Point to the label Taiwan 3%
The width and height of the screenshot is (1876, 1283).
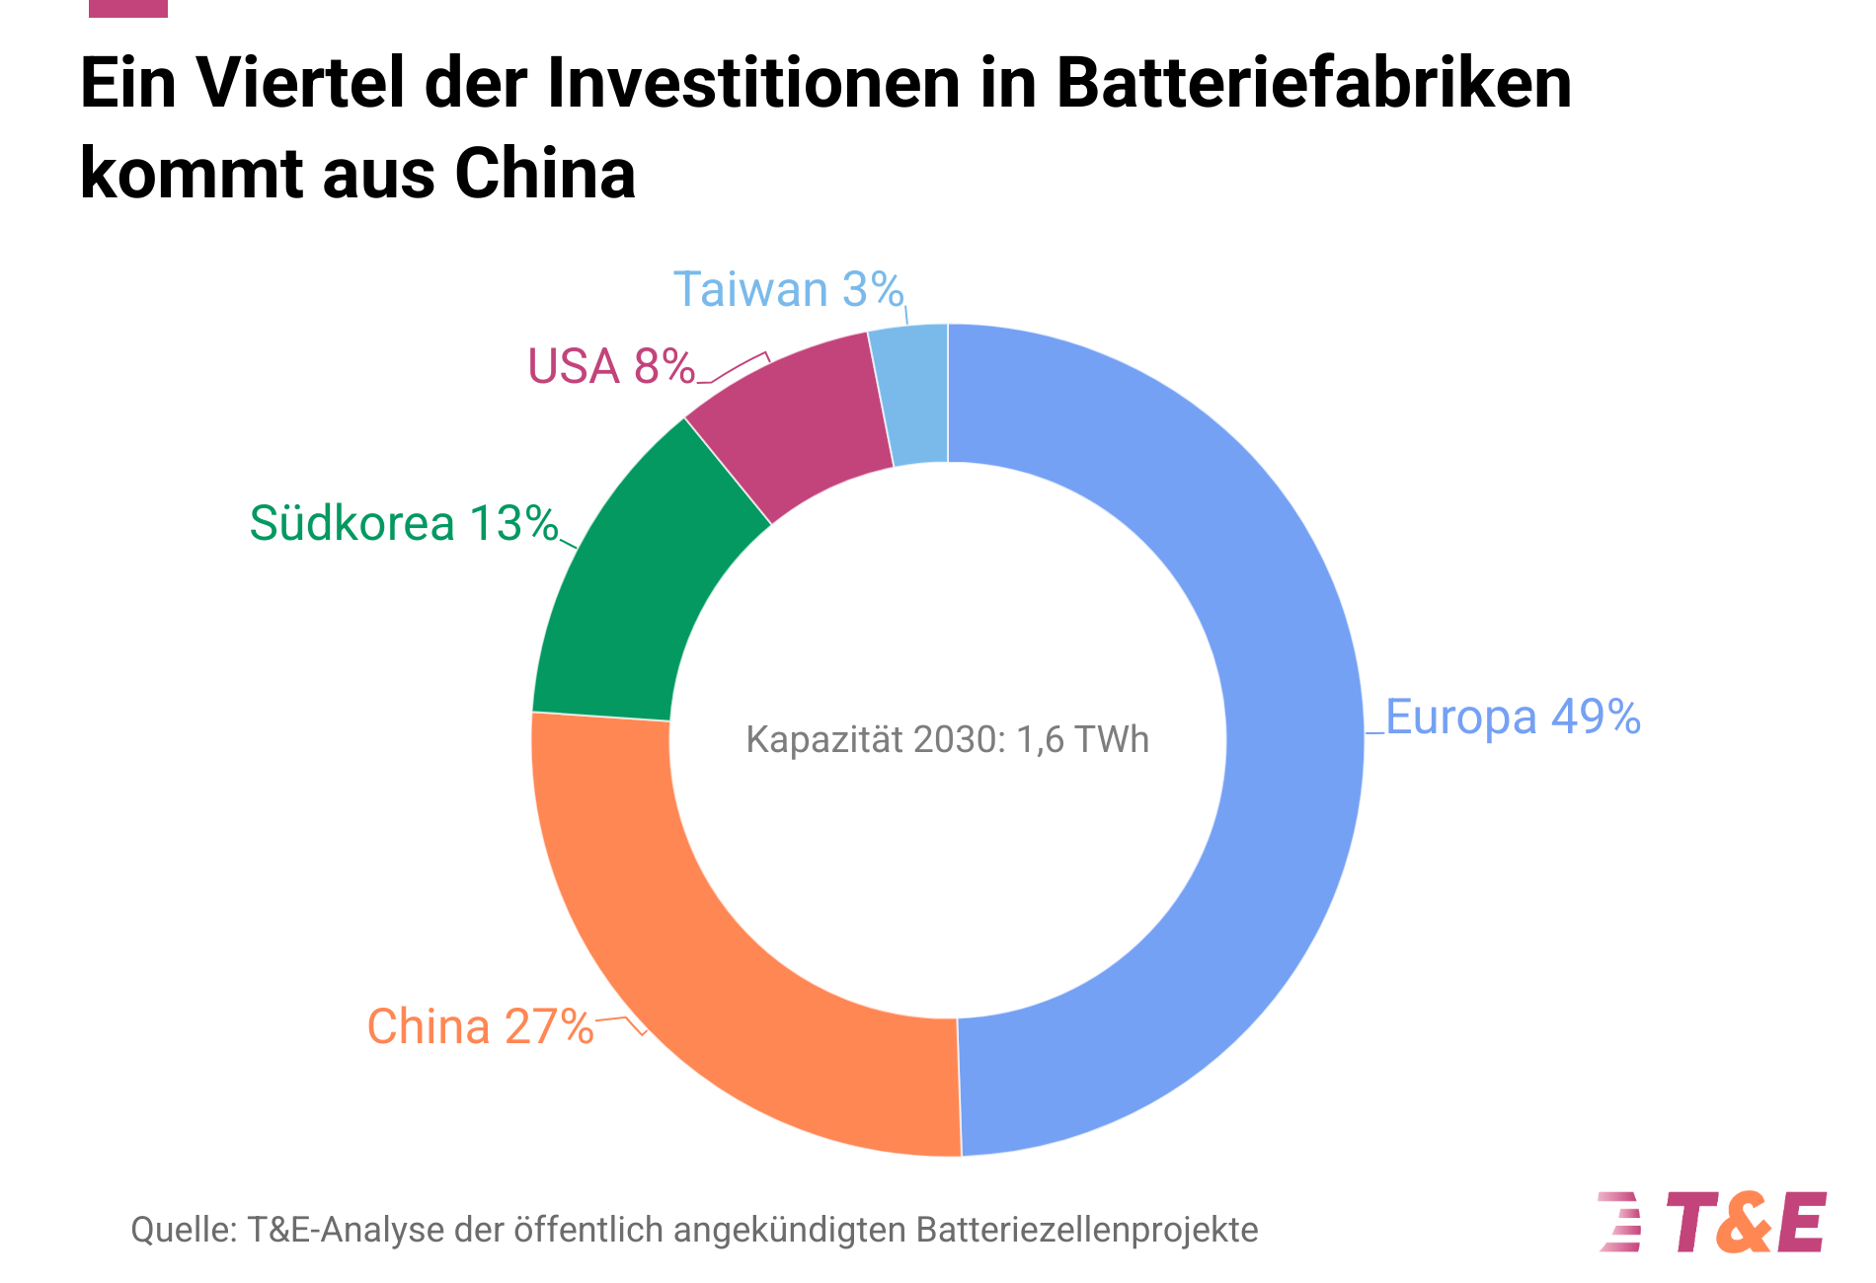(x=788, y=290)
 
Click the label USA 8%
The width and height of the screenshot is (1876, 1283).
(x=611, y=366)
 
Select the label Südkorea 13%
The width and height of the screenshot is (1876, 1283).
(x=404, y=523)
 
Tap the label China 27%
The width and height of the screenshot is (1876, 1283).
(x=480, y=1026)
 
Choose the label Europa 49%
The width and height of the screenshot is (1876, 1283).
(x=1513, y=717)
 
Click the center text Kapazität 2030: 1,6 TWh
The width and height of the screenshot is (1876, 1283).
(x=947, y=740)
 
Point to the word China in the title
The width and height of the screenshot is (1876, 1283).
(x=545, y=174)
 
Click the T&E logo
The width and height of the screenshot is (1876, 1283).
(x=1713, y=1222)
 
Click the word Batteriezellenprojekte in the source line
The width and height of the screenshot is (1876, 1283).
(x=1087, y=1231)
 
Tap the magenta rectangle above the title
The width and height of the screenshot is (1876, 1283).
(x=128, y=8)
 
